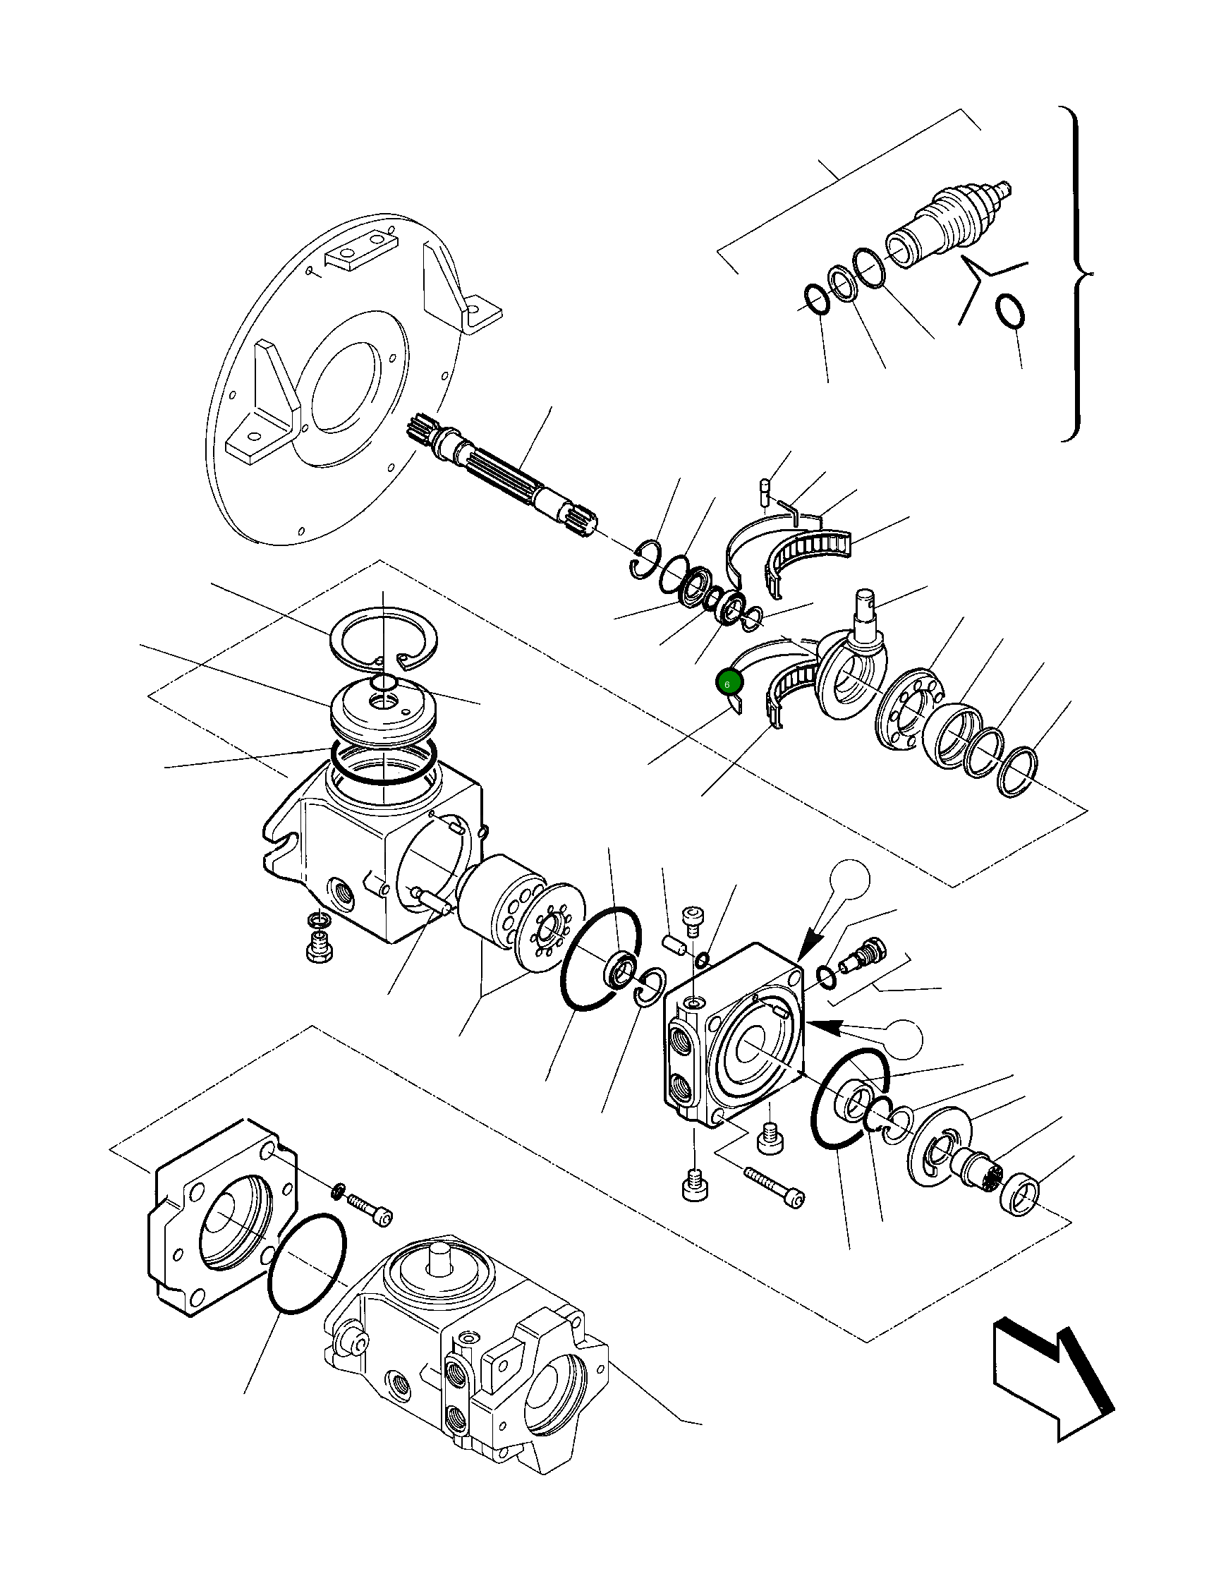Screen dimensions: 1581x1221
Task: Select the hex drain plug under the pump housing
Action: tap(317, 948)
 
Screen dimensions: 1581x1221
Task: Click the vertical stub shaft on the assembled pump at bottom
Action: tap(439, 1259)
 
